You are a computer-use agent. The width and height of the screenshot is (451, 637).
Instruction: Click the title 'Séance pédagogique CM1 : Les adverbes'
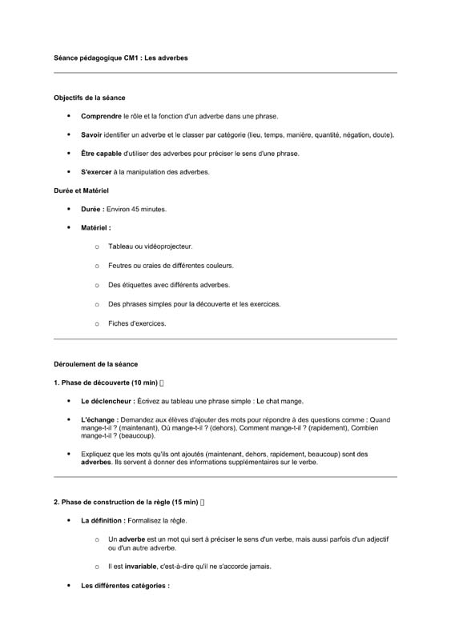(121, 58)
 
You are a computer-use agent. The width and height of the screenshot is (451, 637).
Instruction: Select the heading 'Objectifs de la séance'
(90, 98)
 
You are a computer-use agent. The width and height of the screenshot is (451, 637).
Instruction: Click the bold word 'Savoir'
(92, 134)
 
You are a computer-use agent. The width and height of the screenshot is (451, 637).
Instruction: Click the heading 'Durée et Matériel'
(81, 190)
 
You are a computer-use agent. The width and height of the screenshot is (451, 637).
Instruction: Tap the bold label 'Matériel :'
(96, 227)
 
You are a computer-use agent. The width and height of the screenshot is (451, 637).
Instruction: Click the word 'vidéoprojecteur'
(167, 246)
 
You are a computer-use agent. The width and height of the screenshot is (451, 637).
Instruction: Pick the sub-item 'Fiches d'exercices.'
(137, 323)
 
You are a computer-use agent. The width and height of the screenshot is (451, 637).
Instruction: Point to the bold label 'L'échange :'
(100, 419)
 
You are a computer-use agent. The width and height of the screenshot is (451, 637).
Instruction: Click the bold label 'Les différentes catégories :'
(125, 586)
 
